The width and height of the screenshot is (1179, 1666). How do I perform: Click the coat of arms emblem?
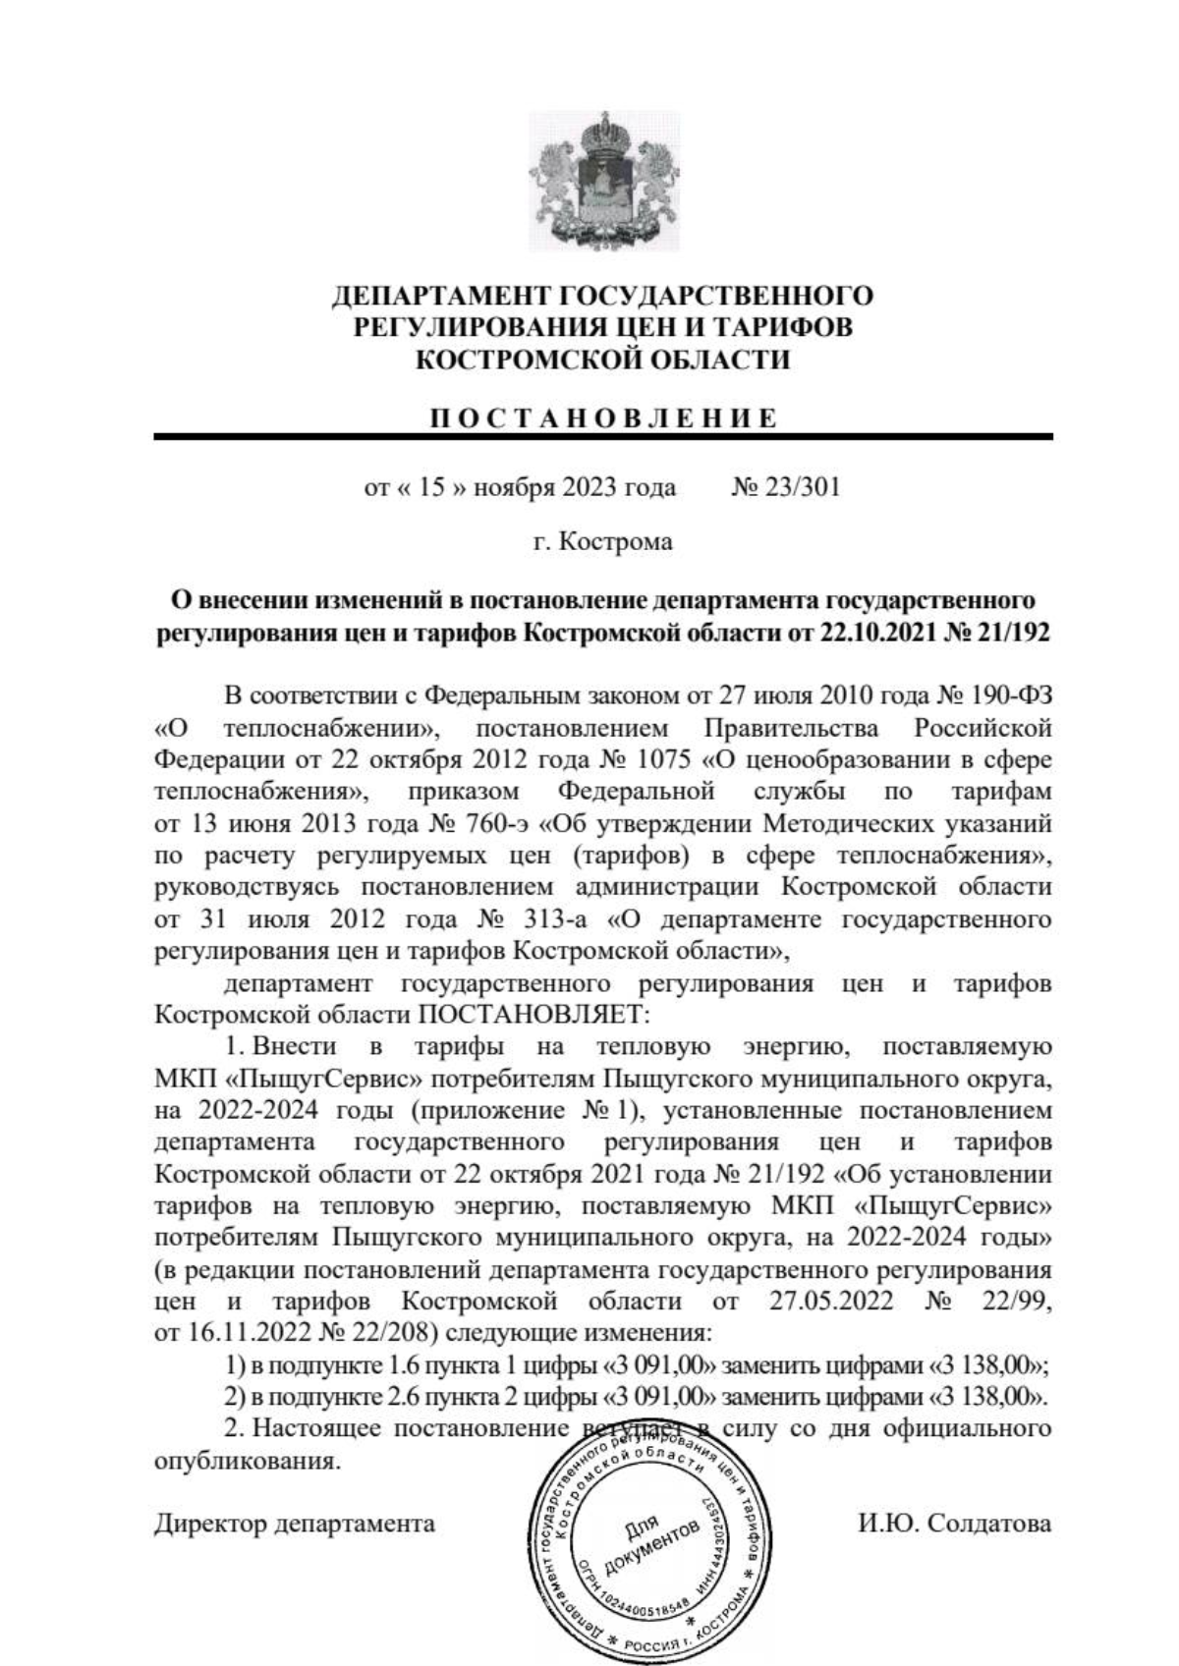click(603, 182)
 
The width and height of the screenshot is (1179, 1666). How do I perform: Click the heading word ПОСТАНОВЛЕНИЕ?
click(603, 418)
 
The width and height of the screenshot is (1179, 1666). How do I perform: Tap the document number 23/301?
click(803, 487)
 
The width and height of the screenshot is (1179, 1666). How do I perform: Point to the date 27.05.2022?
click(827, 1302)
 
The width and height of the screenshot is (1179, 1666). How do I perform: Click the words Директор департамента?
click(295, 1524)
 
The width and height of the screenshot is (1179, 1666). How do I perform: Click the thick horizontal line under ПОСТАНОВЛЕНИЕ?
click(603, 436)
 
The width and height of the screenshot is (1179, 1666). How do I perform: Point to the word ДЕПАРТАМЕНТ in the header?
click(440, 296)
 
